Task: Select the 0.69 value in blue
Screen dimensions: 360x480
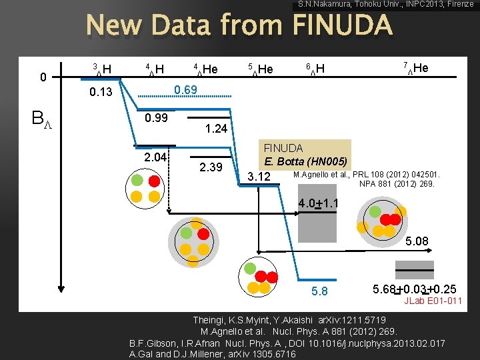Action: pyautogui.click(x=185, y=89)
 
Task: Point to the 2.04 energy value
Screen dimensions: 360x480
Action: pyautogui.click(x=156, y=157)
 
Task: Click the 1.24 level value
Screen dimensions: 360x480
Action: pyautogui.click(x=217, y=127)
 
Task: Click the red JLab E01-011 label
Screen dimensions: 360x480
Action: pyautogui.click(x=433, y=301)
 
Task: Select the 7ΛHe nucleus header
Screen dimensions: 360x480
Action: pyautogui.click(x=416, y=68)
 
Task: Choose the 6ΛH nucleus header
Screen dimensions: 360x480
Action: pyautogui.click(x=315, y=69)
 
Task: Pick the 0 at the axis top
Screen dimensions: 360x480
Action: pyautogui.click(x=43, y=77)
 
